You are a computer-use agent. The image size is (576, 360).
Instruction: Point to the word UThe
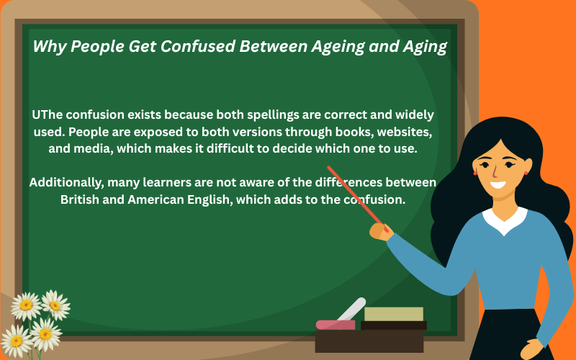[48, 115]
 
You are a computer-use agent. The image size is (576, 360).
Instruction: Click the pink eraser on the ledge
[336, 325]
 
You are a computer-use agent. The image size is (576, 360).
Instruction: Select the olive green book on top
[393, 314]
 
